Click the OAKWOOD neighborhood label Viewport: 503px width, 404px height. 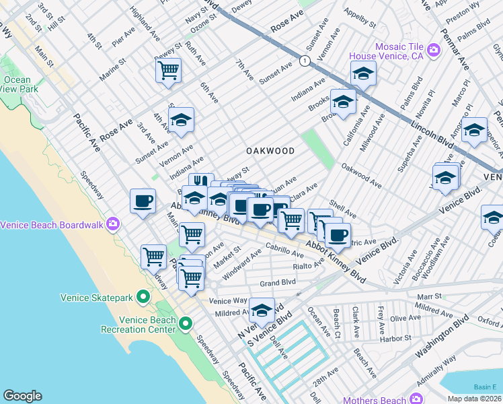click(270, 151)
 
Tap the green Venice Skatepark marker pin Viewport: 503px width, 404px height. click(143, 296)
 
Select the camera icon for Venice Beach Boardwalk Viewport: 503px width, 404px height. click(113, 224)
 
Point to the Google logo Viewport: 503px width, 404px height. click(22, 396)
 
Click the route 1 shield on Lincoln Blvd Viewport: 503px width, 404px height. click(305, 61)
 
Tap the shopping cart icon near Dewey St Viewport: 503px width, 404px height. click(168, 69)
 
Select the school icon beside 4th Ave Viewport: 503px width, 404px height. click(181, 120)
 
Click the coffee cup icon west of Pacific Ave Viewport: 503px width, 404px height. click(142, 201)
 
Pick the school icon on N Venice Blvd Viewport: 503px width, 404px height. click(262, 310)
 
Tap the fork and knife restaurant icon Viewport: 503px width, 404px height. click(200, 182)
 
